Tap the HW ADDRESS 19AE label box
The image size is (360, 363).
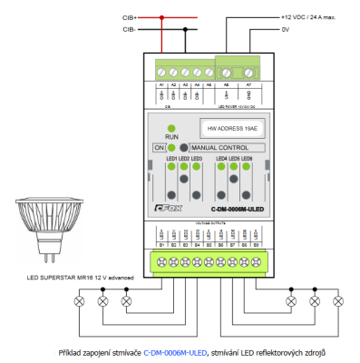pyautogui.click(x=226, y=129)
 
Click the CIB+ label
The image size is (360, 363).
pyautogui.click(x=130, y=17)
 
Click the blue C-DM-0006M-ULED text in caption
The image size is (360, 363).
pyautogui.click(x=175, y=351)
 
